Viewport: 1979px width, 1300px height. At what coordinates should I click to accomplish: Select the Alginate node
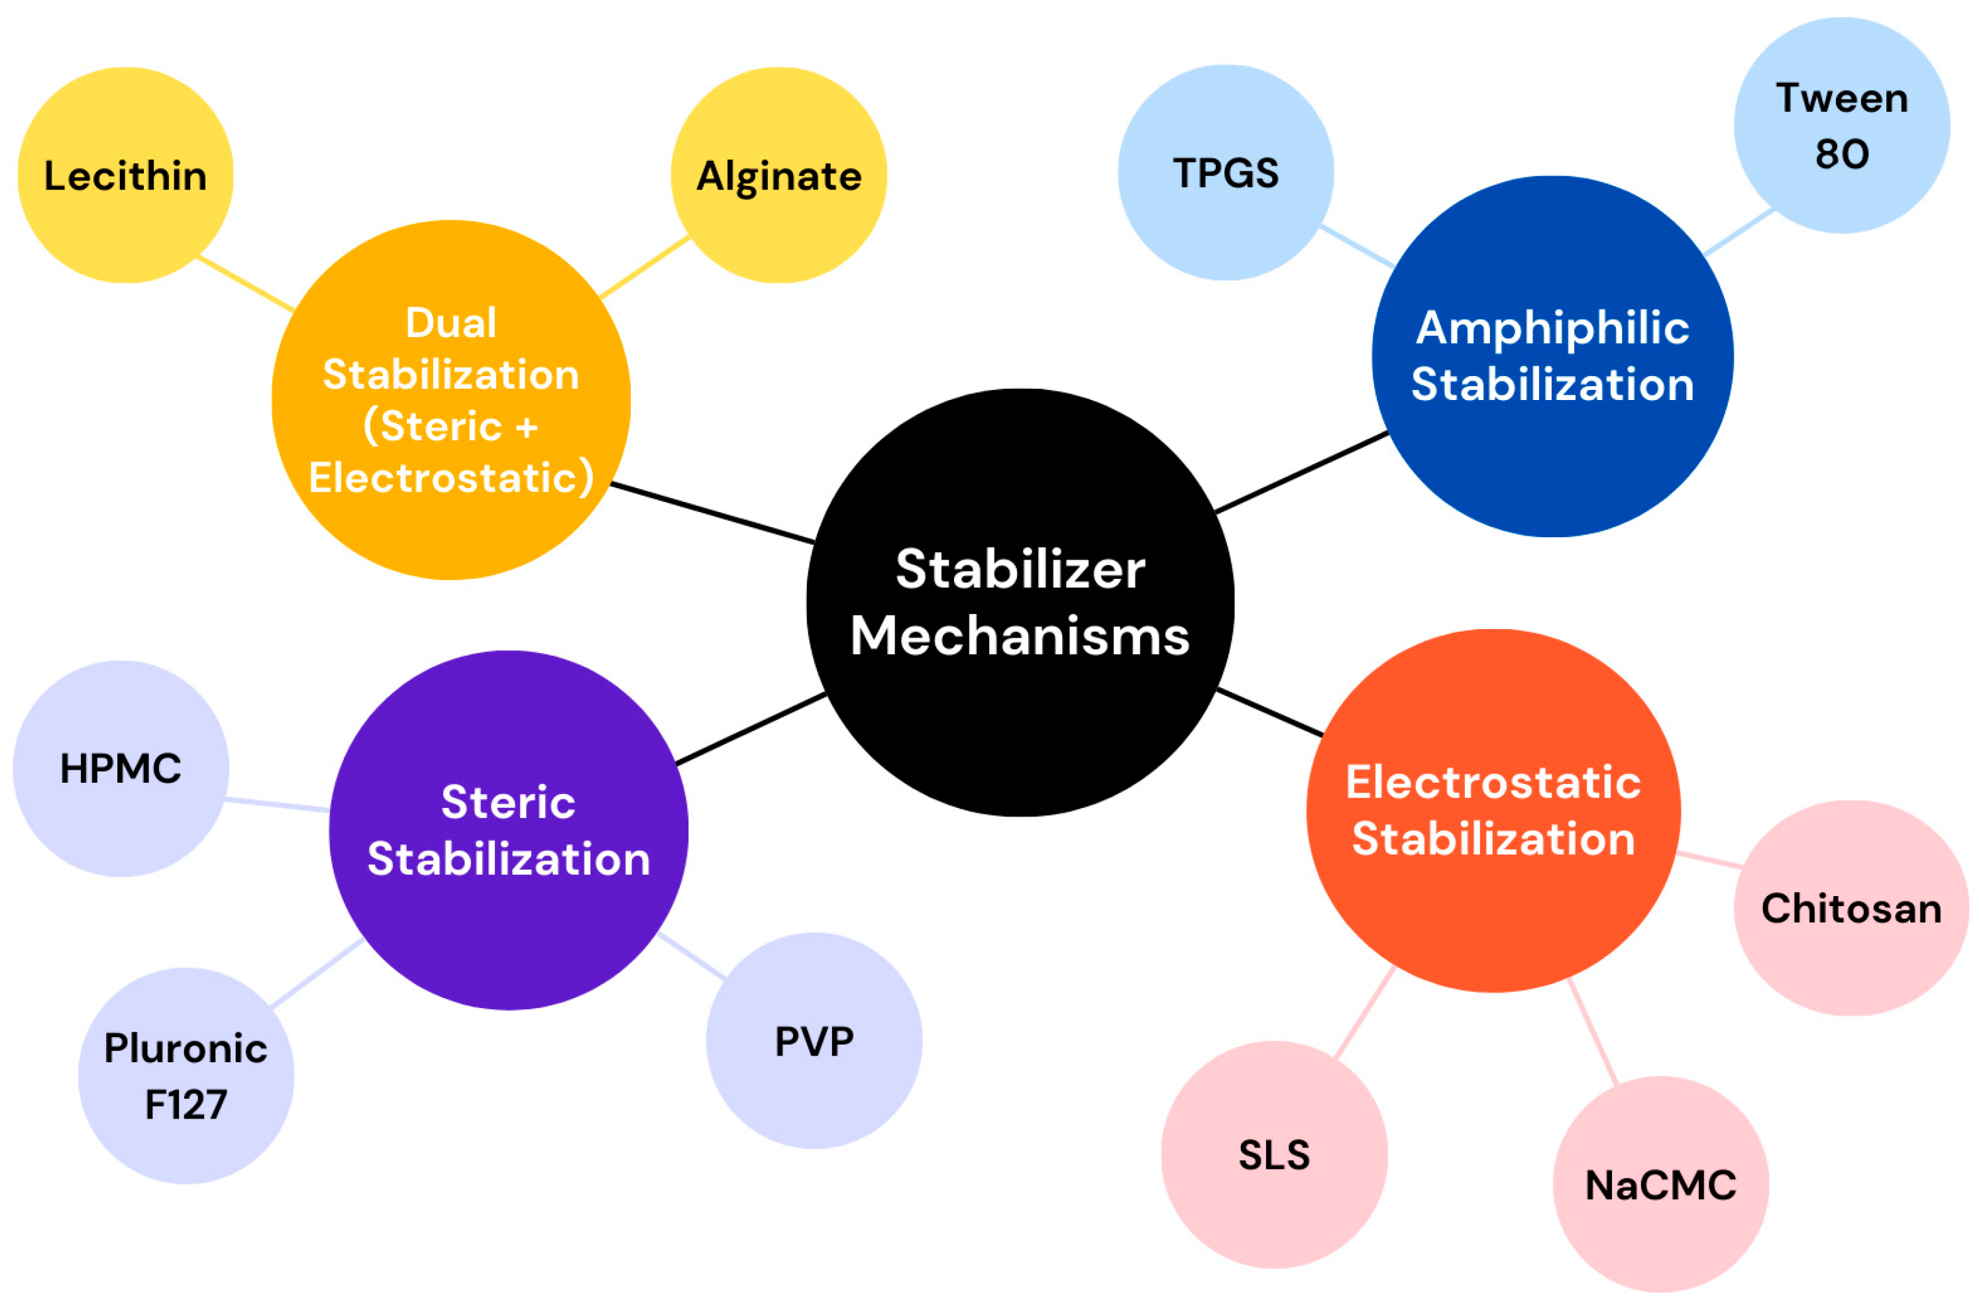click(778, 175)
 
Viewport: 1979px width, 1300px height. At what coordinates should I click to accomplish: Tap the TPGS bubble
click(1225, 173)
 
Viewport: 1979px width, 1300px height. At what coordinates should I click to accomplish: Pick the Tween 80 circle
click(1841, 126)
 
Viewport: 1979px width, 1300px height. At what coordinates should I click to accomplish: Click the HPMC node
click(121, 768)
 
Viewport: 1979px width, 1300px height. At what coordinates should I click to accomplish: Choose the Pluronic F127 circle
click(186, 1075)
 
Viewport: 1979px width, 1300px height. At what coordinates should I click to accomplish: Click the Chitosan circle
click(1851, 908)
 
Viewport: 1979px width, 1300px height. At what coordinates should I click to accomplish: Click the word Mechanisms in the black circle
click(1020, 636)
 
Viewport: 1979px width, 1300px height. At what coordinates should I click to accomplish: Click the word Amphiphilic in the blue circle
click(1552, 328)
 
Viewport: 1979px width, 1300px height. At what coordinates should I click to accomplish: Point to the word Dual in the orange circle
click(451, 323)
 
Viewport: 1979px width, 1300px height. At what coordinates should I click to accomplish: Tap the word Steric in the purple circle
click(508, 802)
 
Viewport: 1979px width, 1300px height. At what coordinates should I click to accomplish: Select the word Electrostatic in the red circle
click(1493, 782)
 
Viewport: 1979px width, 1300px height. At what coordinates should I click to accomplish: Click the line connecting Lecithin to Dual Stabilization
click(245, 284)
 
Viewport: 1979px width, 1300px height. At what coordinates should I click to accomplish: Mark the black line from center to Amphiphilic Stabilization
click(1301, 472)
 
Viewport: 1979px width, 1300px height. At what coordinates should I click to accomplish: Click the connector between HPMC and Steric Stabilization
click(277, 804)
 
